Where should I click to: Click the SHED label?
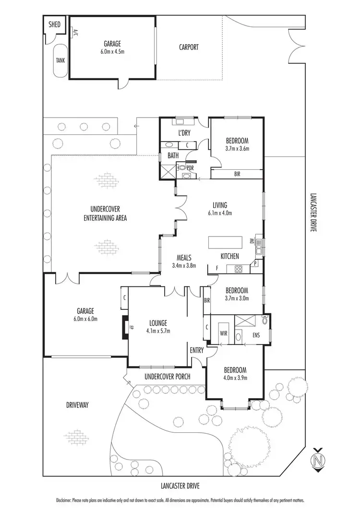click(55, 24)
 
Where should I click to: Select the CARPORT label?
click(189, 47)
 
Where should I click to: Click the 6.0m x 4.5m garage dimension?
click(110, 51)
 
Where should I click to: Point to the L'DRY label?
click(184, 132)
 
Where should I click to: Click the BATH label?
click(173, 155)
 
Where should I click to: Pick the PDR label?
click(190, 168)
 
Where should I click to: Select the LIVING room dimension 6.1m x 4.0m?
click(220, 213)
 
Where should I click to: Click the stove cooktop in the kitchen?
click(239, 269)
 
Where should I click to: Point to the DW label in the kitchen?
click(252, 241)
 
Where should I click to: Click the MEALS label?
click(184, 257)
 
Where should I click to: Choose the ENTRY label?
click(197, 350)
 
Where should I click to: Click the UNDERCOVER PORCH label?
click(167, 377)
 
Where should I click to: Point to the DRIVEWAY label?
click(77, 405)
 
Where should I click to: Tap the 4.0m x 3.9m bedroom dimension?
click(235, 378)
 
